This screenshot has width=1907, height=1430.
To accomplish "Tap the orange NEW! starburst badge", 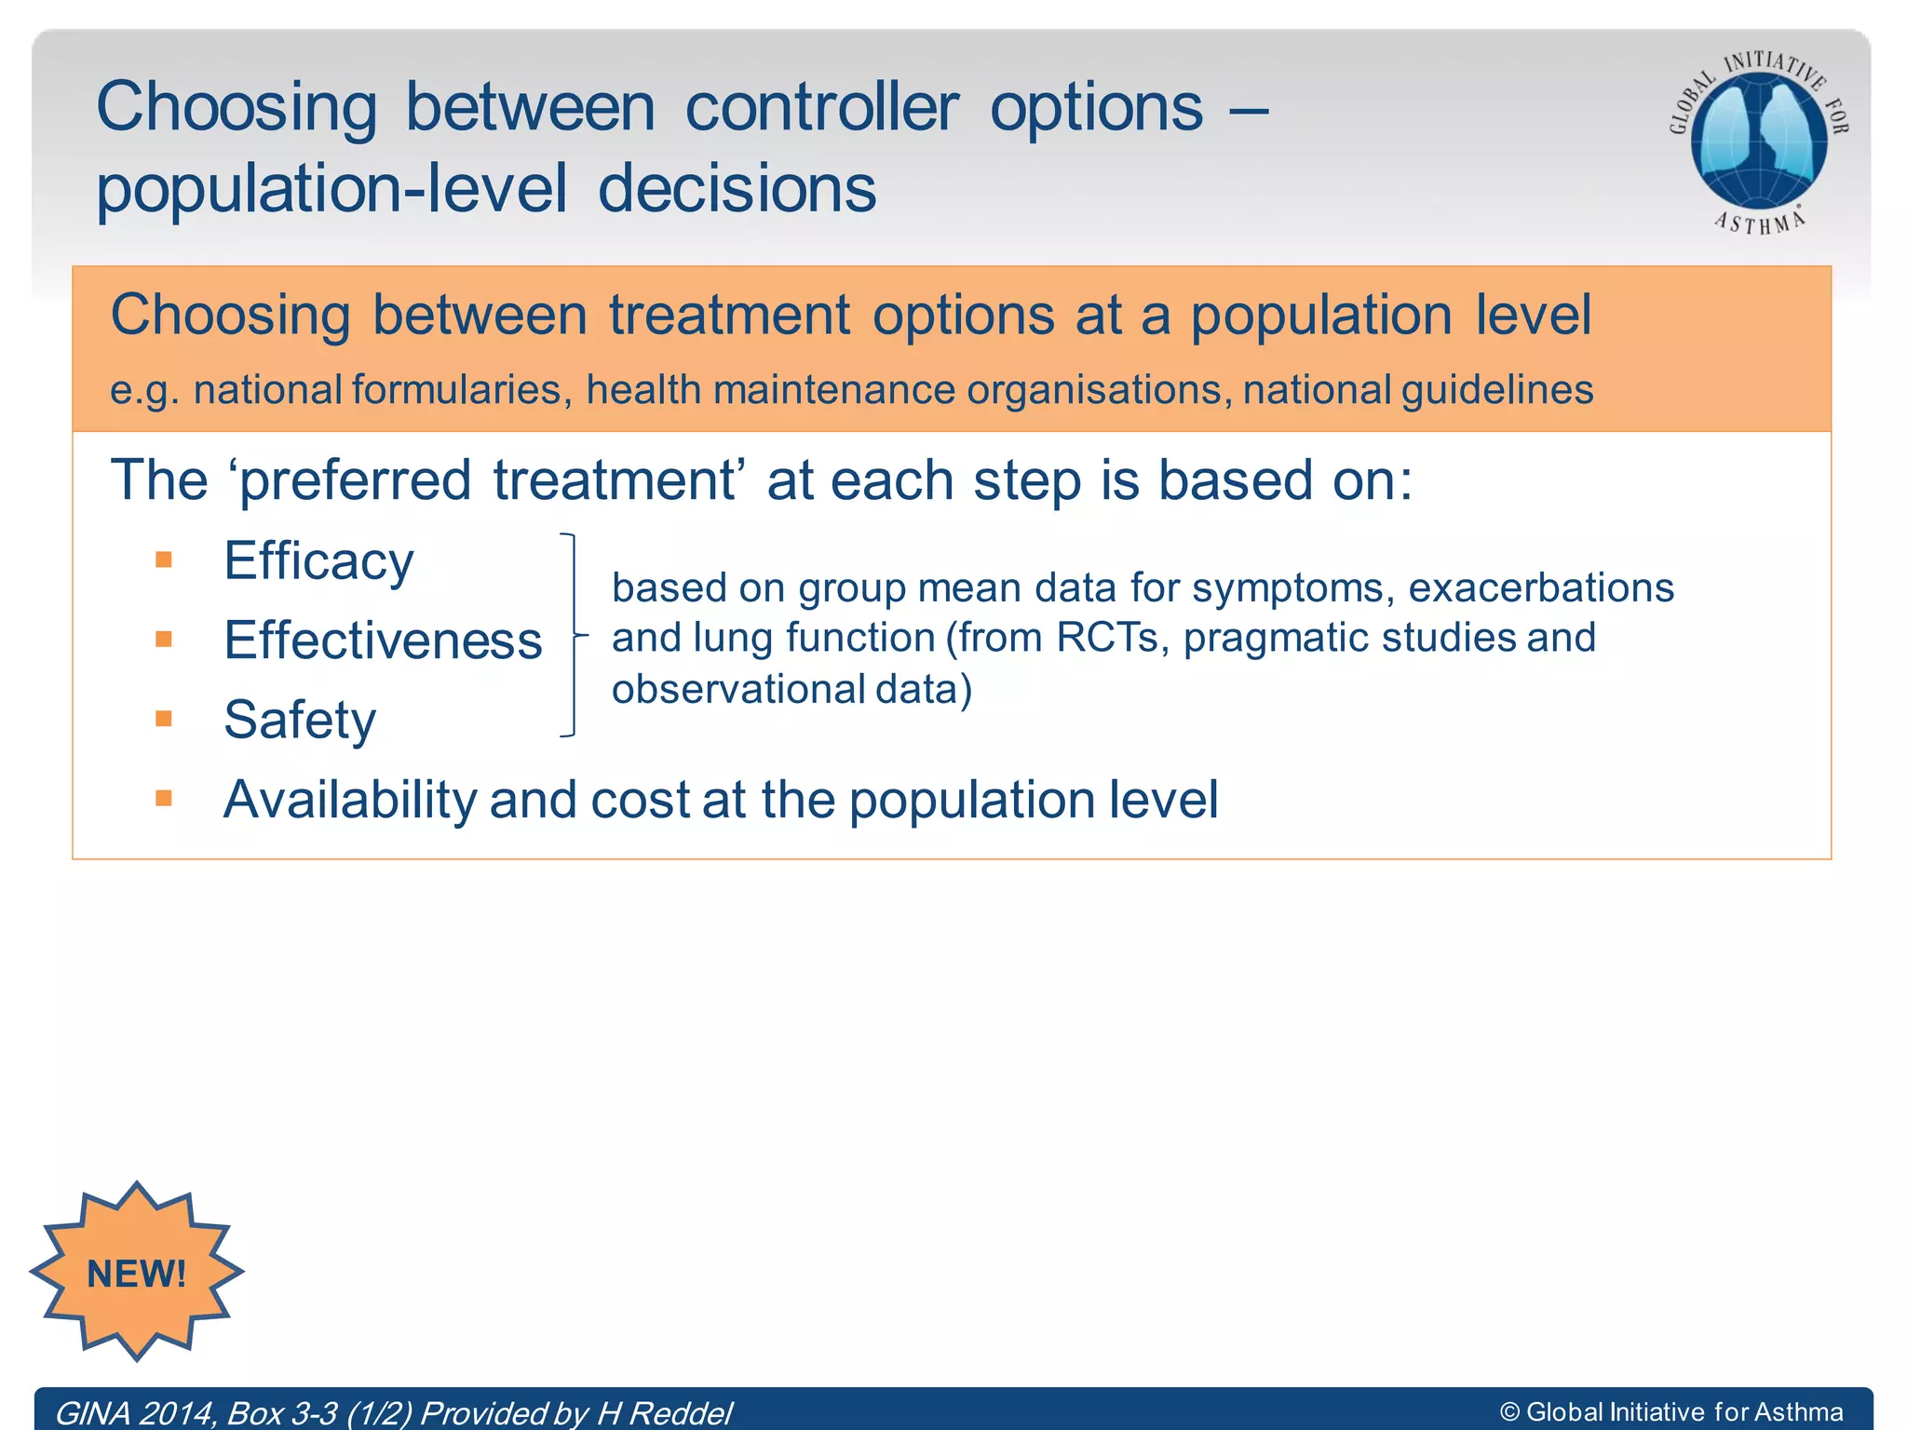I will click(x=137, y=1272).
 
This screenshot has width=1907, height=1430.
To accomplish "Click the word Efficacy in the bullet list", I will click(x=318, y=561).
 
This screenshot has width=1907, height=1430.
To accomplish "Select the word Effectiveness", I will click(x=383, y=641).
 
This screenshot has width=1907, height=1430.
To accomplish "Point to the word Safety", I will click(x=300, y=720).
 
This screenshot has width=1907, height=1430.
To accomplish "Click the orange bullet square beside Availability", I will click(x=164, y=798).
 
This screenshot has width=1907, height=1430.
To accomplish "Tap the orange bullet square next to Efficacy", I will click(x=164, y=560).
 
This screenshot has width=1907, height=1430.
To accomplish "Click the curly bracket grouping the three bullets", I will click(x=572, y=635).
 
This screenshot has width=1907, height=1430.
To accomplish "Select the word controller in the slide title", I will click(x=821, y=107).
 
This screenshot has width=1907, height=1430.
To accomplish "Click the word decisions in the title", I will click(x=737, y=188).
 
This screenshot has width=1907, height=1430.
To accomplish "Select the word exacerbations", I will click(x=1541, y=587).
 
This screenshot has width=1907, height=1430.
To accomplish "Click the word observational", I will click(x=738, y=689).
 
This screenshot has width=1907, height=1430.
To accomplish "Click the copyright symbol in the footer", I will click(x=1509, y=1412).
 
